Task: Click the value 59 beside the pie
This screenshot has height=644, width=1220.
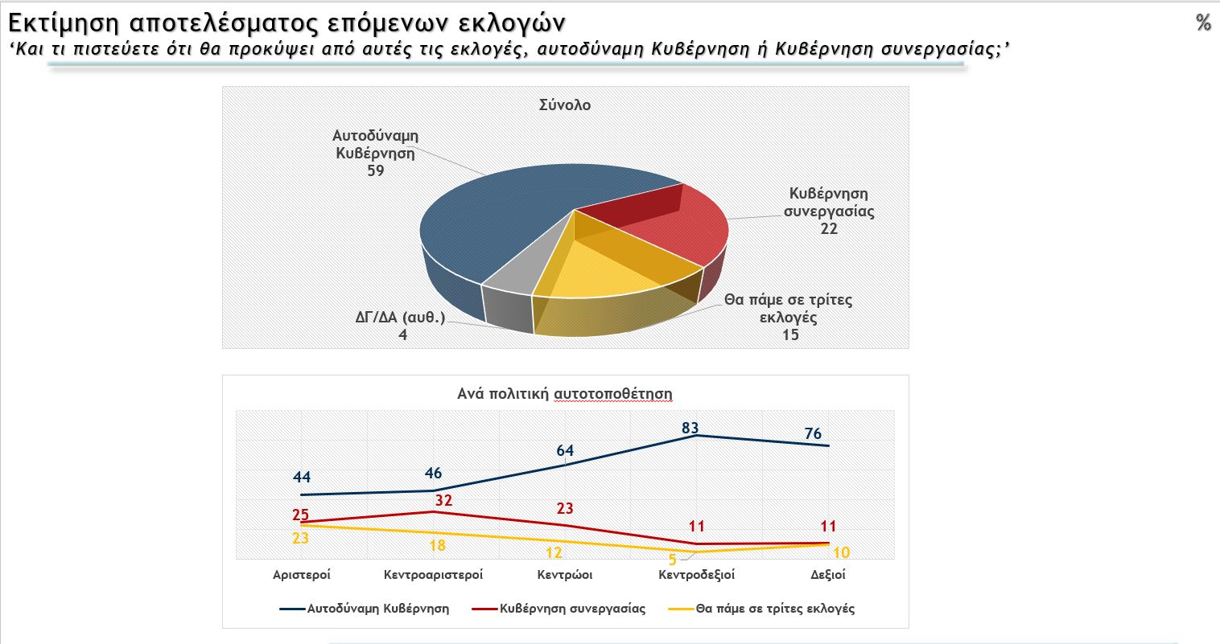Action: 375,170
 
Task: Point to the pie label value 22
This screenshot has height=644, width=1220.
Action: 829,229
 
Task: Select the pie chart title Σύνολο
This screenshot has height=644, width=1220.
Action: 565,105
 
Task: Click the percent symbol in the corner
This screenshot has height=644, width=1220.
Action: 1203,23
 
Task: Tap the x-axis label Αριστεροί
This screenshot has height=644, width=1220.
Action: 302,575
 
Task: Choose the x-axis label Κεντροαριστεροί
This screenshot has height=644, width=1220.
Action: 433,575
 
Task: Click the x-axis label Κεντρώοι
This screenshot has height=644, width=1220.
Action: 565,575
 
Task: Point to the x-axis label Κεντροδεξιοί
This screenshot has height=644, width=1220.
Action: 696,575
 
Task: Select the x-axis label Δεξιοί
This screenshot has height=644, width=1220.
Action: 828,575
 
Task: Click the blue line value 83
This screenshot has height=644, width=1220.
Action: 690,429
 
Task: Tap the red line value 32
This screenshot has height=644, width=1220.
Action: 443,500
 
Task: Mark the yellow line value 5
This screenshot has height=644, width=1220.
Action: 673,560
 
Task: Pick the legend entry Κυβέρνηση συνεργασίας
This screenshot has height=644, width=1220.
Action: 572,609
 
